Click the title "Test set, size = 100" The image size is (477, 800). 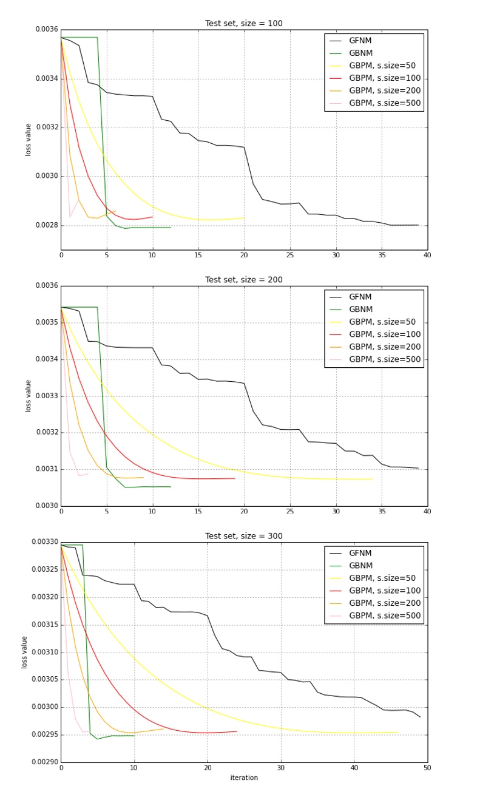click(243, 24)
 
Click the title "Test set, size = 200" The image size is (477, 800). click(243, 280)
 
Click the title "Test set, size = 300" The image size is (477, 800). click(243, 536)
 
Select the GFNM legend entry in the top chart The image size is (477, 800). click(360, 41)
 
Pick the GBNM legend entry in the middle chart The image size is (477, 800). click(360, 310)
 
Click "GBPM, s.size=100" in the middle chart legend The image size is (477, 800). click(384, 334)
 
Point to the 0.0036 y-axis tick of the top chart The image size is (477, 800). click(46, 30)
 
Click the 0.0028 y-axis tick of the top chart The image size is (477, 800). click(46, 225)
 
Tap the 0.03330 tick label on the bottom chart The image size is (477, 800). click(43, 542)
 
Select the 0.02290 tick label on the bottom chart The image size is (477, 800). click(43, 762)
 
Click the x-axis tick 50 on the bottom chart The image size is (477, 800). click(427, 768)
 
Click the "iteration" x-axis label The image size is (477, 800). click(243, 778)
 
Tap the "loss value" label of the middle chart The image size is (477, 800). click(29, 396)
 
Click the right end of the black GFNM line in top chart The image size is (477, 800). click(418, 225)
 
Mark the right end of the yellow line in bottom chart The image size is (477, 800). click(398, 732)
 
